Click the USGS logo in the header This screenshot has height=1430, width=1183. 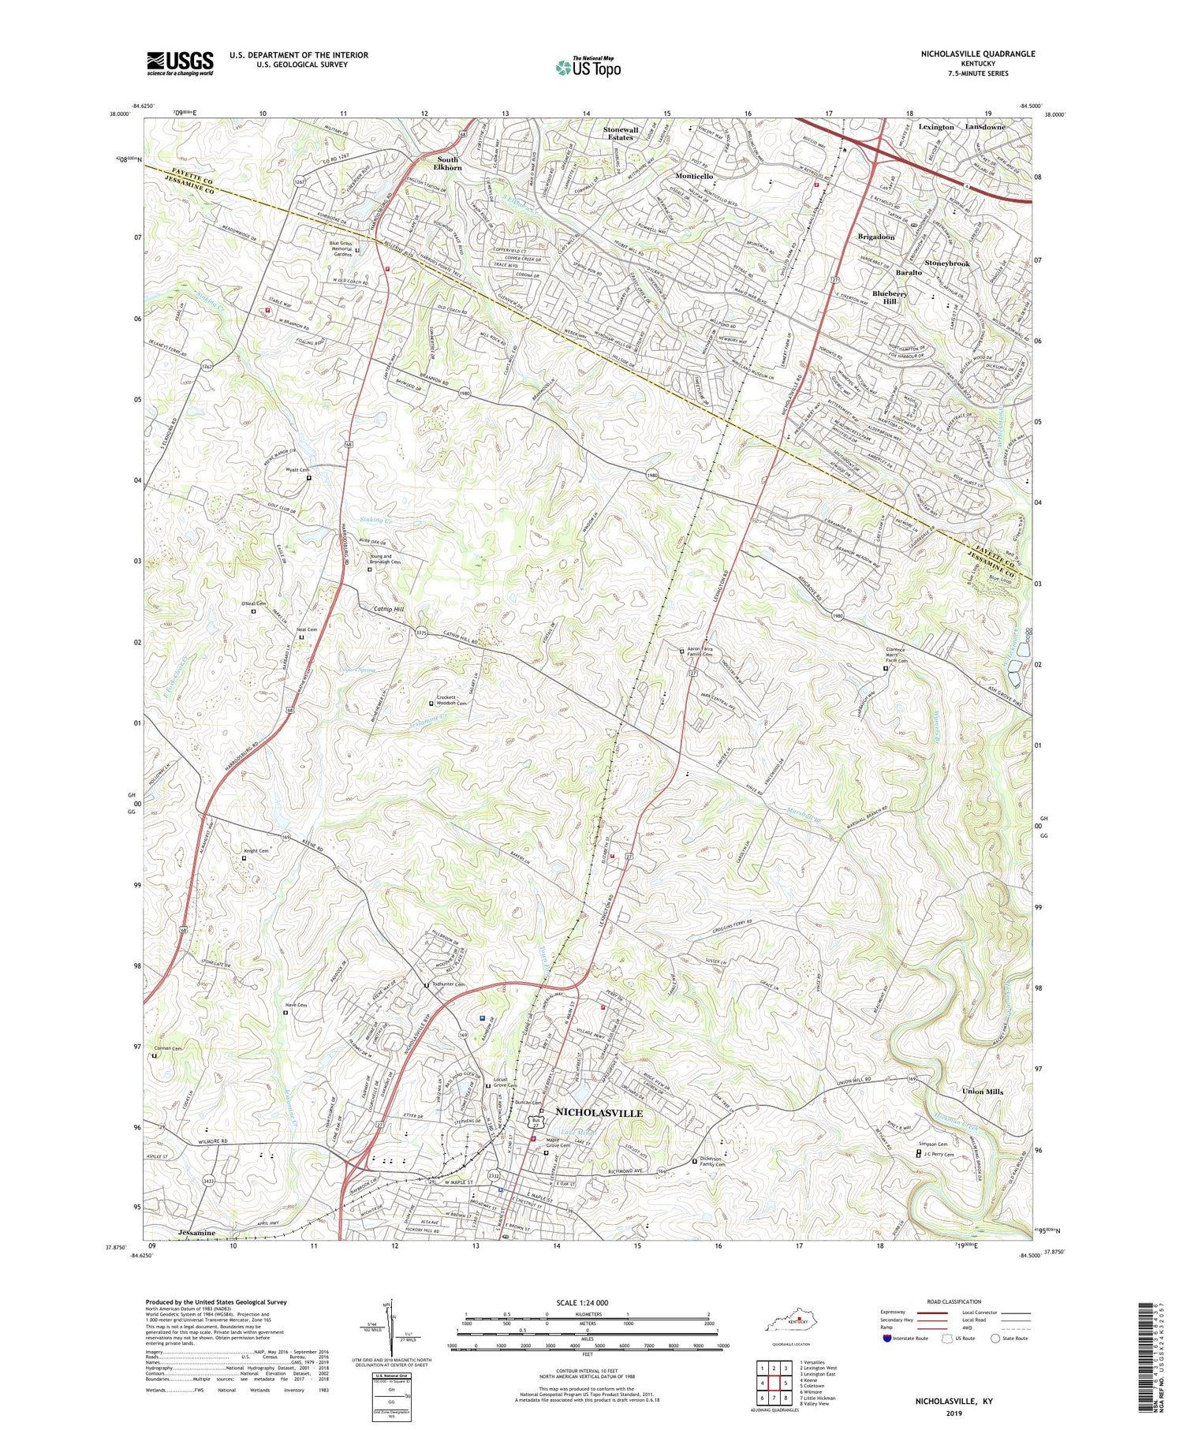tap(180, 63)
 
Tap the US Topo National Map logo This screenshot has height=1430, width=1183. tap(588, 68)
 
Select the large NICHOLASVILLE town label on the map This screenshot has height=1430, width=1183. tap(599, 1112)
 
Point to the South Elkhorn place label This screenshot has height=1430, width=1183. tap(448, 163)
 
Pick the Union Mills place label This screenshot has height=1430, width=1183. tap(982, 1092)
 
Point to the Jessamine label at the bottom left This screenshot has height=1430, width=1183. tap(196, 1232)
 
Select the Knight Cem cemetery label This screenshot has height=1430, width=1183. tap(256, 851)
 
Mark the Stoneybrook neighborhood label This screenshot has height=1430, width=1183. tap(946, 263)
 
